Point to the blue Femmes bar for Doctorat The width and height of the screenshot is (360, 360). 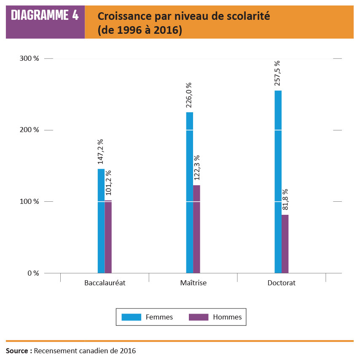[278, 181]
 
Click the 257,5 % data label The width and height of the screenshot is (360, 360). [277, 73]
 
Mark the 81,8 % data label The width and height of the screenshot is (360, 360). [285, 200]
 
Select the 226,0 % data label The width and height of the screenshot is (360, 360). [189, 95]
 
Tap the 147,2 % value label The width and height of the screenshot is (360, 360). [101, 152]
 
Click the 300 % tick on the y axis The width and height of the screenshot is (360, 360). [30, 59]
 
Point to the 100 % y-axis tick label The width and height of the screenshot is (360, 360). [30, 201]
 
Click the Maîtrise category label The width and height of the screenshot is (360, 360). [193, 283]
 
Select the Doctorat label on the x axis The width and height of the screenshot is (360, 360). [282, 283]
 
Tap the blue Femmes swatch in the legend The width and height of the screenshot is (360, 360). [131, 317]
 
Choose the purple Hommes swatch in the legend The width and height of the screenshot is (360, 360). [199, 317]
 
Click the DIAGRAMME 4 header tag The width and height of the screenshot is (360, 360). [45, 16]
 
